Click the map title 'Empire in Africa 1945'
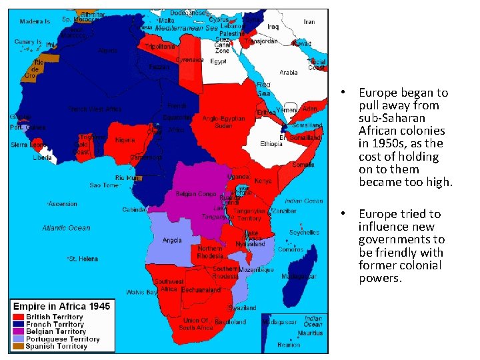tap(61, 306)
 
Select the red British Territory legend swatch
tap(19, 317)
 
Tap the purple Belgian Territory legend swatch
tap(19, 332)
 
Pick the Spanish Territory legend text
tap(57, 346)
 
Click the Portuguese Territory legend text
tap(63, 339)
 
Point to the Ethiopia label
tap(271, 144)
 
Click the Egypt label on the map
tap(218, 61)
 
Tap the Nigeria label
tap(125, 140)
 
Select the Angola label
tap(172, 241)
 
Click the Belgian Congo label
tap(195, 194)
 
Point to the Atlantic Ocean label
tap(66, 228)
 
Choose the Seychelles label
tap(304, 233)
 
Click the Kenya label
tap(263, 181)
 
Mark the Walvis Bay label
tap(142, 292)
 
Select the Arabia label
tap(288, 72)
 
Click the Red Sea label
tap(264, 89)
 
